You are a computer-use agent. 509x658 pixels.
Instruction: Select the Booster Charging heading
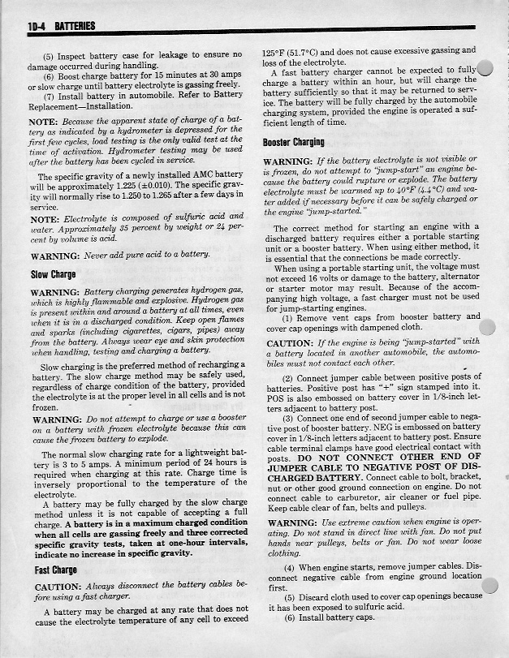(x=294, y=144)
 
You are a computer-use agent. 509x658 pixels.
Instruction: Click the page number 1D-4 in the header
(x=37, y=27)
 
